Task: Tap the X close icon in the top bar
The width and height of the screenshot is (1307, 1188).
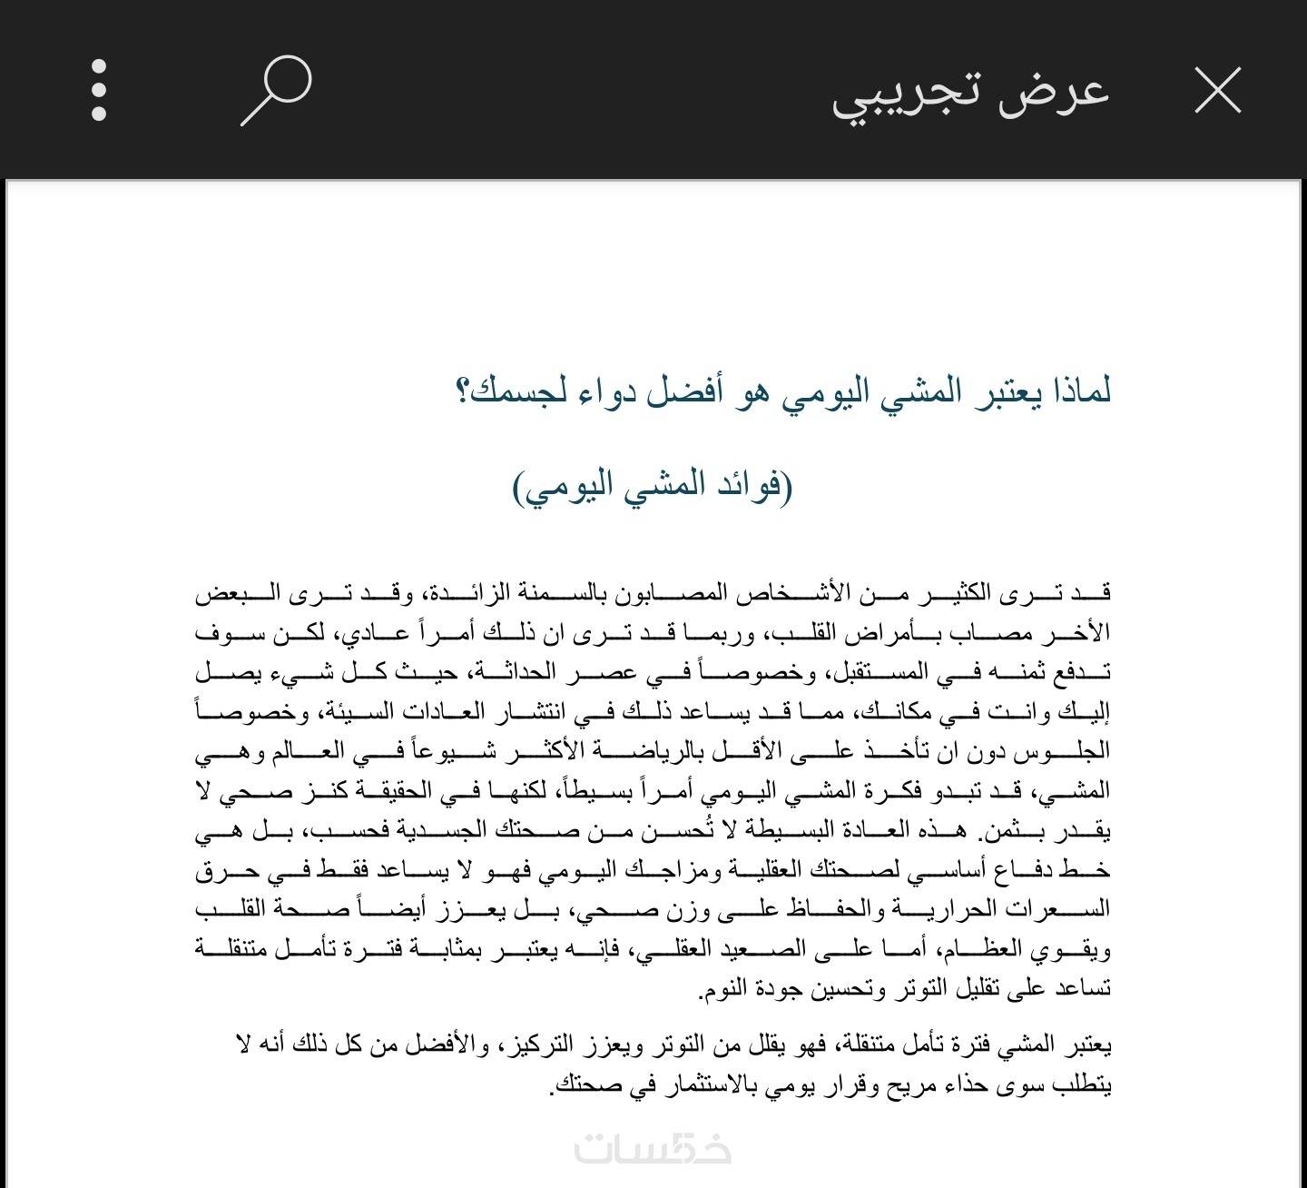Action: pyautogui.click(x=1217, y=90)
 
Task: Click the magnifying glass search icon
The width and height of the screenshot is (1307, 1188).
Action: pyautogui.click(x=276, y=90)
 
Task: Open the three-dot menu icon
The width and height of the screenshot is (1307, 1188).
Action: pyautogui.click(x=99, y=90)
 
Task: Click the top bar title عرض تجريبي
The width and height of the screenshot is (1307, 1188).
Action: pyautogui.click(x=970, y=93)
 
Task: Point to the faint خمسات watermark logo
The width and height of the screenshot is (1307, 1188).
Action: pyautogui.click(x=653, y=1149)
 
